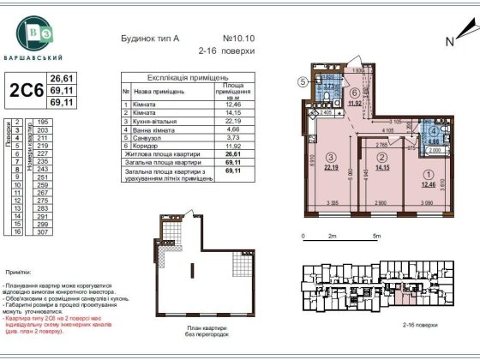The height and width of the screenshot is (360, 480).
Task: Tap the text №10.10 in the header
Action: click(239, 39)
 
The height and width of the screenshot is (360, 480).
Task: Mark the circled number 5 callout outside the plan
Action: click(303, 82)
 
